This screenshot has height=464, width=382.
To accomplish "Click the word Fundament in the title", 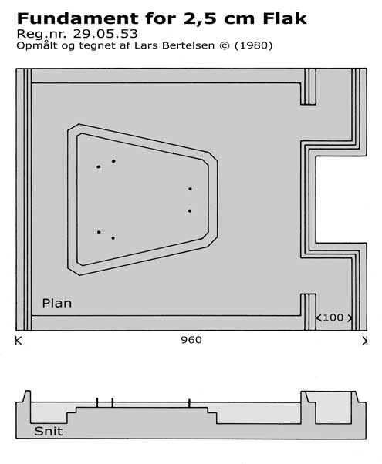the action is coord(77,18).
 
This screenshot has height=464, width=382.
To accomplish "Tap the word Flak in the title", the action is coord(285,18).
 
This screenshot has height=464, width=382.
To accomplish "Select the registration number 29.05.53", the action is coord(105,34).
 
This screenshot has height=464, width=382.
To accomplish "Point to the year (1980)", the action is coord(253,46).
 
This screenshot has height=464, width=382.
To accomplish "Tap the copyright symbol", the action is coord(225,46).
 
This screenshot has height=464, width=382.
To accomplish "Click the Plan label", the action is coord(57,304).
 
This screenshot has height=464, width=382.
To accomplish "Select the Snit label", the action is coord(49,431).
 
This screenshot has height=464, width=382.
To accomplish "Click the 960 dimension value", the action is coord(191,340).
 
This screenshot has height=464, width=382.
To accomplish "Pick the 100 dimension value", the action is coord(333,318).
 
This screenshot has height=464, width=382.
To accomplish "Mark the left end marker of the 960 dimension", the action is coord(19,341).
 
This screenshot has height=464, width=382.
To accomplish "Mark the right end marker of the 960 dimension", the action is coord(365,341).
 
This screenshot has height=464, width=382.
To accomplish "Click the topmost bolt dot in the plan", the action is coord(113,161).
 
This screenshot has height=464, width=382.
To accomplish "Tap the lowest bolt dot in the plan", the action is coord(113,238).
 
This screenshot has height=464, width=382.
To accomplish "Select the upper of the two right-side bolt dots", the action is coord(190,189).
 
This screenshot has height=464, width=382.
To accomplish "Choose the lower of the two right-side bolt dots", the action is coord(190,211).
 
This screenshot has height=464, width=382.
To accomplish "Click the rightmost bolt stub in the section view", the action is coord(189,403).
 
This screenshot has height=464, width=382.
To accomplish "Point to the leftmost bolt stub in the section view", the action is coord(97,403).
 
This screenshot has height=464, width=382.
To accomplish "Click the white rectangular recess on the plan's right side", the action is coord(341,200).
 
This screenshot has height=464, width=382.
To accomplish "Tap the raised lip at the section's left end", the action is coord(27,396).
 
